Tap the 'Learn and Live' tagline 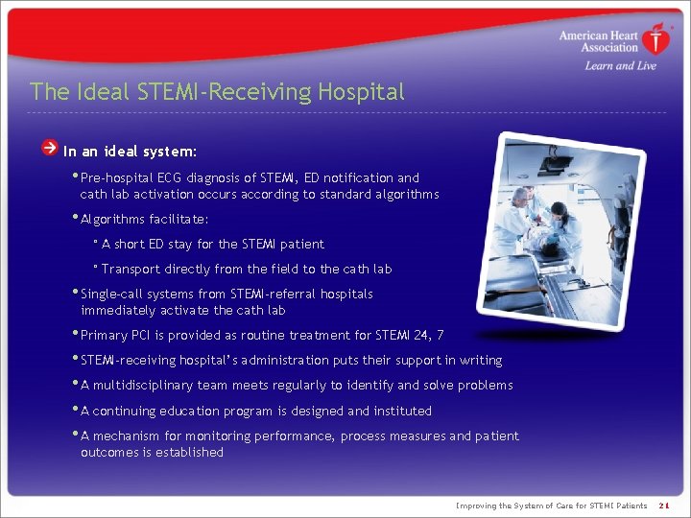coord(620,66)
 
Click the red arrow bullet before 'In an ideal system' coord(50,149)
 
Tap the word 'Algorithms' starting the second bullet coord(112,219)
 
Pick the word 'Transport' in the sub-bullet coord(131,269)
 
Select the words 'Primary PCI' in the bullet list coord(117,335)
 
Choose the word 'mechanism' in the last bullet coord(127,436)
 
